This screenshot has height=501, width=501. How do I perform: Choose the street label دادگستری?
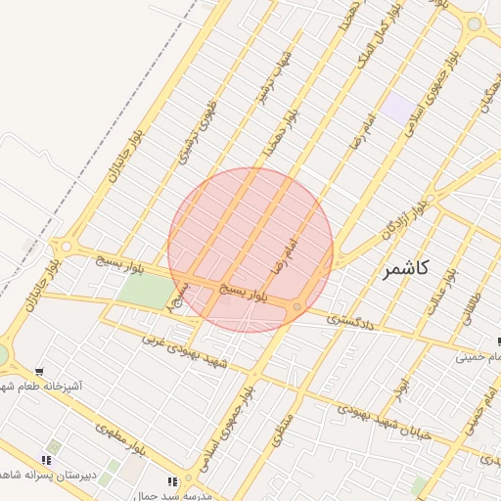click(349, 320)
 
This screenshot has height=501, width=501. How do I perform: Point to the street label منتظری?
click(282, 430)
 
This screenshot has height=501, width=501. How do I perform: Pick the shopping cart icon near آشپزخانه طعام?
click(39, 372)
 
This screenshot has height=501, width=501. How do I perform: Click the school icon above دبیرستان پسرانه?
click(45, 460)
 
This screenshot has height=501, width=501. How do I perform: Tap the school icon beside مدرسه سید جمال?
click(173, 481)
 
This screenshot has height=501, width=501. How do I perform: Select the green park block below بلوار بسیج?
click(143, 290)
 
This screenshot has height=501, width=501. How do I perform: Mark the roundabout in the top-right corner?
click(475, 23)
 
